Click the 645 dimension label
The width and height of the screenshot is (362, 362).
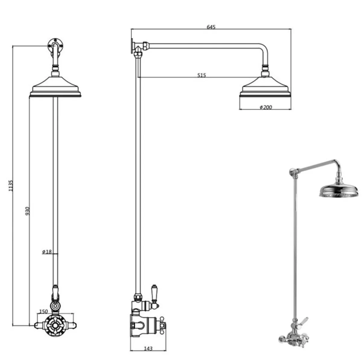(211, 27)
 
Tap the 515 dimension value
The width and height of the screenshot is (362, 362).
(202, 75)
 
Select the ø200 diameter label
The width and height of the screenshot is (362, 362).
(266, 107)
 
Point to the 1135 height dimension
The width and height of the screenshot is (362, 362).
(11, 186)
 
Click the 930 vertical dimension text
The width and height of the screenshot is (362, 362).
(28, 211)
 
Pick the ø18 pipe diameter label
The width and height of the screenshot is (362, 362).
(47, 252)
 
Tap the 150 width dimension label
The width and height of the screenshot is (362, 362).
(43, 311)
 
